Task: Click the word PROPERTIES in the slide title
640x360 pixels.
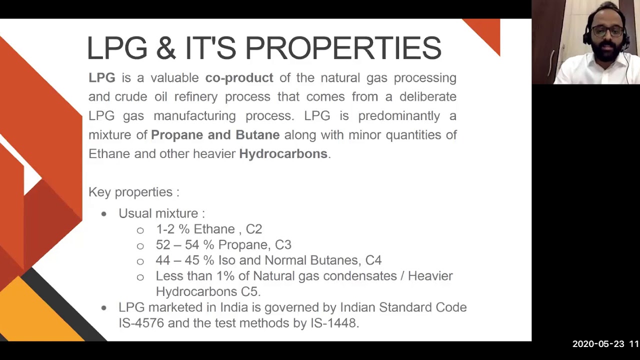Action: (x=343, y=48)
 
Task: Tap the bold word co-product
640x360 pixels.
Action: (x=239, y=78)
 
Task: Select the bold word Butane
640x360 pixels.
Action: (x=257, y=135)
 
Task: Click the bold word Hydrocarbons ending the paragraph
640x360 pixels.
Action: (x=283, y=154)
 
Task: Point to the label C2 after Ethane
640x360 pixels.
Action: (x=254, y=229)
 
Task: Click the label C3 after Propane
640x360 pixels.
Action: (x=283, y=244)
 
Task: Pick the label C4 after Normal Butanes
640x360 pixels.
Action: (x=373, y=260)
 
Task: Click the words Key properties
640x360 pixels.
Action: (x=133, y=192)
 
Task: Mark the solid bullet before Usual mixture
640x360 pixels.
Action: (x=104, y=214)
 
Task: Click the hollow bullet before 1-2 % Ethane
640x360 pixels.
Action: (x=140, y=230)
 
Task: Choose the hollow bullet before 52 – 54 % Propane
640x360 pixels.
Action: (x=140, y=245)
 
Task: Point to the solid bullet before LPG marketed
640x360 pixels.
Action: (x=104, y=308)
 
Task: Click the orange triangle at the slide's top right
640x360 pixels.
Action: (x=487, y=32)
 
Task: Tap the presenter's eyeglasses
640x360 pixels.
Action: (x=606, y=31)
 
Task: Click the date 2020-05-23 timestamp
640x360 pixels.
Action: (x=598, y=344)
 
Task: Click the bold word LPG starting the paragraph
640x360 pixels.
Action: (x=102, y=78)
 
